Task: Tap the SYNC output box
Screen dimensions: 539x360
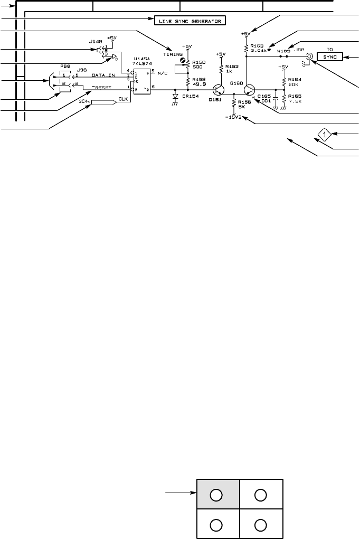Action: pos(330,56)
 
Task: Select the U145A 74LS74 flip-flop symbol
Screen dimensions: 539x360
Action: pos(140,81)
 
